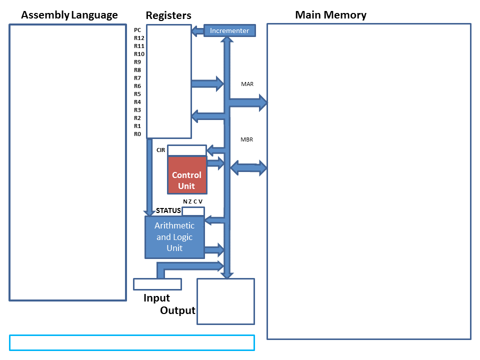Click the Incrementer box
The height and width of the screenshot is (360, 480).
pyautogui.click(x=229, y=30)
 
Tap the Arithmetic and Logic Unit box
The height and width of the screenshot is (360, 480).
pyautogui.click(x=174, y=237)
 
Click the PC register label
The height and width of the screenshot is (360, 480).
pyautogui.click(x=137, y=30)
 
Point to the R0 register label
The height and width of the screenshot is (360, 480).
pyautogui.click(x=137, y=134)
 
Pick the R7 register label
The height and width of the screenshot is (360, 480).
pyautogui.click(x=137, y=78)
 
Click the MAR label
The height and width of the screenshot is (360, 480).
pyautogui.click(x=247, y=84)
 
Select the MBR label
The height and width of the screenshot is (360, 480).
pyautogui.click(x=246, y=139)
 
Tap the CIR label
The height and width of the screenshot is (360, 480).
pyautogui.click(x=160, y=149)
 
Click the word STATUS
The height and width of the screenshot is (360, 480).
pyautogui.click(x=168, y=210)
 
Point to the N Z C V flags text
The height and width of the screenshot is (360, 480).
pyautogui.click(x=193, y=201)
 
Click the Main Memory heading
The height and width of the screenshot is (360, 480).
pyautogui.click(x=330, y=15)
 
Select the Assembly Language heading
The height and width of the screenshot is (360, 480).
pyautogui.click(x=69, y=15)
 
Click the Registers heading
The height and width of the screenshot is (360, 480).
pyautogui.click(x=168, y=15)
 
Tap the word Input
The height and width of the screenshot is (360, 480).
pyautogui.click(x=156, y=298)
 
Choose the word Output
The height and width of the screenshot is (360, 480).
pyautogui.click(x=177, y=310)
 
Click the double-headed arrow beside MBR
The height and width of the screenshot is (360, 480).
pyautogui.click(x=248, y=168)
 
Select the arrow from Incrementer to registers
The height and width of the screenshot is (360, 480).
pyautogui.click(x=197, y=31)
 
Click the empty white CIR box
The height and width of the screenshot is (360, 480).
pyautogui.click(x=186, y=150)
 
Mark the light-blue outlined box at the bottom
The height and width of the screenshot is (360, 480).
pyautogui.click(x=132, y=342)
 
